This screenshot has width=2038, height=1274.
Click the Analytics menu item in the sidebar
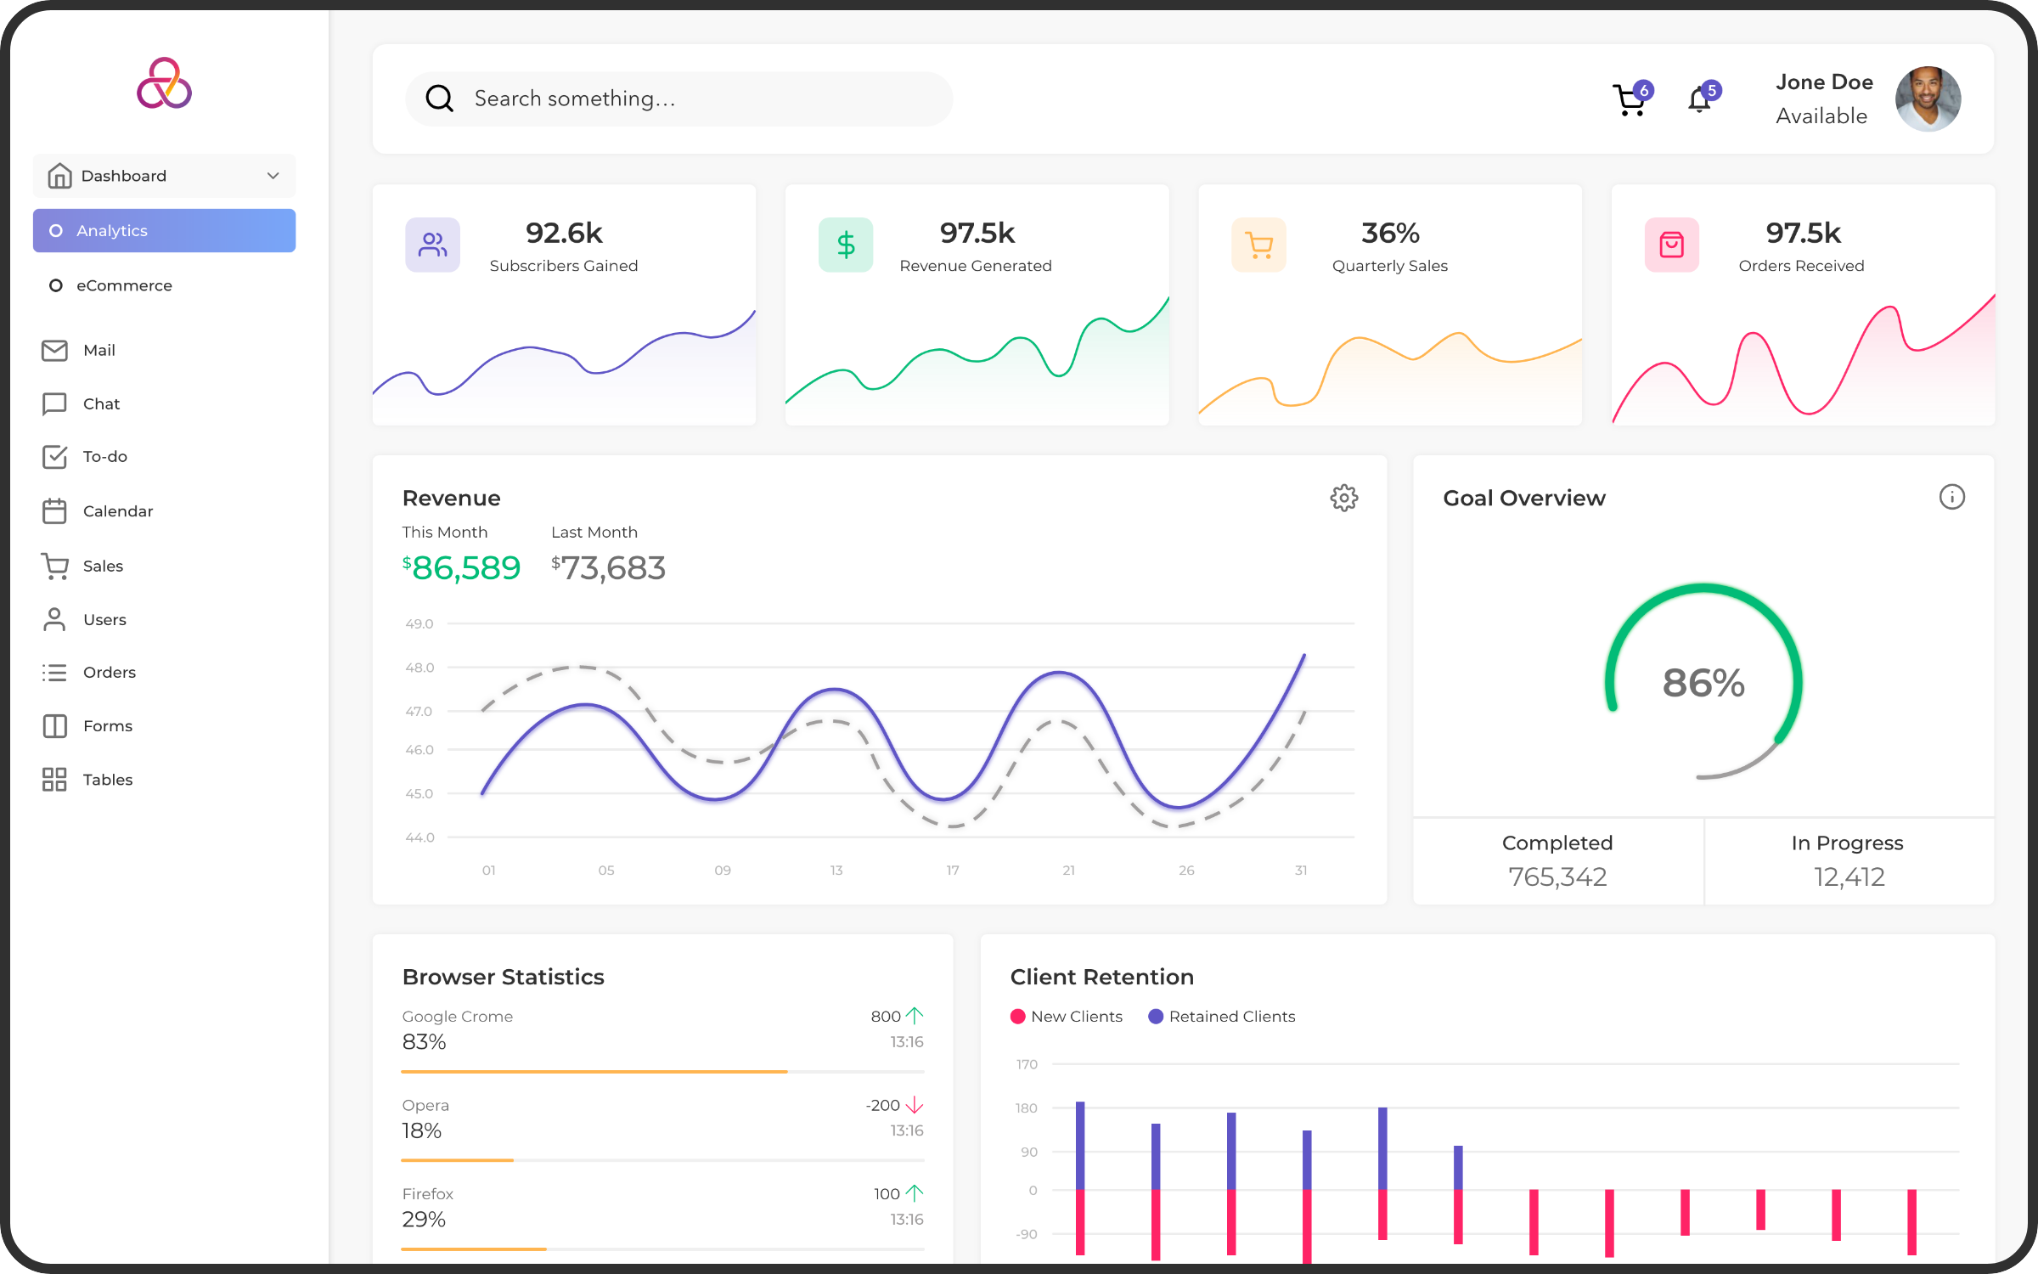tap(164, 231)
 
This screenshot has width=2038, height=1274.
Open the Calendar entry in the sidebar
tap(117, 511)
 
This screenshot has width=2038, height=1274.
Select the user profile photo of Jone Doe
tap(1928, 99)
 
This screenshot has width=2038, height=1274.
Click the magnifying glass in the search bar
tap(439, 99)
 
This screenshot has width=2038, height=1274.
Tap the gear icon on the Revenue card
tap(1343, 498)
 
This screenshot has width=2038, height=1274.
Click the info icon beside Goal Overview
tap(1951, 497)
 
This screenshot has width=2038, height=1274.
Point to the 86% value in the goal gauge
tap(1703, 683)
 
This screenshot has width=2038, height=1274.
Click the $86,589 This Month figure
tap(462, 567)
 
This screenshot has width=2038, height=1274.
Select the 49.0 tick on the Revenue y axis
tap(419, 623)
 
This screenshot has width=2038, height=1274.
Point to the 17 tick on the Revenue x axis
tap(953, 871)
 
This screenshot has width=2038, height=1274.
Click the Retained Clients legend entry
tap(1222, 1017)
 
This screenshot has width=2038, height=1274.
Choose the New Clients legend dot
tap(1017, 1017)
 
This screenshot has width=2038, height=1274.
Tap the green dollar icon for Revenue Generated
tap(846, 245)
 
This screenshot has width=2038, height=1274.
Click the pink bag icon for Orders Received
tap(1671, 245)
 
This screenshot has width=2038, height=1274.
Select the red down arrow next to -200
tap(915, 1105)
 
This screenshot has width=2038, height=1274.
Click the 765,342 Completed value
tap(1557, 877)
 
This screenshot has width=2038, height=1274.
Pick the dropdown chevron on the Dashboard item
tap(273, 176)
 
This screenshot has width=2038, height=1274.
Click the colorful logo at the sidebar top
tap(165, 84)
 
